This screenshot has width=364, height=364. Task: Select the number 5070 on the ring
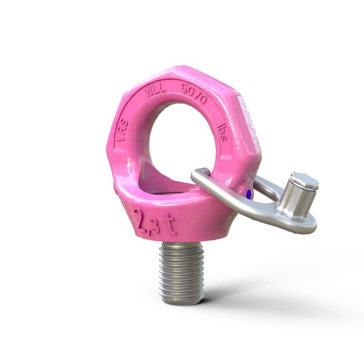[x=193, y=93]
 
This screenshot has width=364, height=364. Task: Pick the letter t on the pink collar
[x=171, y=225]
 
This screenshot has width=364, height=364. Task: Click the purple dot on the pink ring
[x=249, y=194]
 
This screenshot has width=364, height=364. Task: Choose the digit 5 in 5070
[x=184, y=89]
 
